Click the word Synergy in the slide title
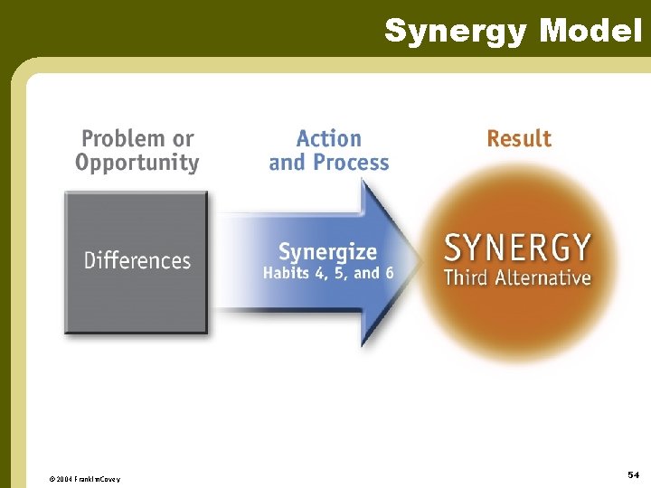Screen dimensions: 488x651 [457, 31]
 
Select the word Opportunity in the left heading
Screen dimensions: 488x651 [137, 164]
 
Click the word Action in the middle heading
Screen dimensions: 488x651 [328, 139]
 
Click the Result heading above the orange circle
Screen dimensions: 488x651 [519, 139]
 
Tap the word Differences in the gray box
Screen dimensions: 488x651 [137, 261]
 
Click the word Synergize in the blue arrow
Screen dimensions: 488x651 [327, 252]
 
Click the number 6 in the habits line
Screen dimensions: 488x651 [388, 273]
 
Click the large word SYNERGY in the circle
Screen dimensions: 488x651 [518, 248]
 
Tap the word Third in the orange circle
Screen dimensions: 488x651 [465, 277]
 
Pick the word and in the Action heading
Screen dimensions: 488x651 [287, 164]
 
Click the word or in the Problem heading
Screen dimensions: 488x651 [184, 139]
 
